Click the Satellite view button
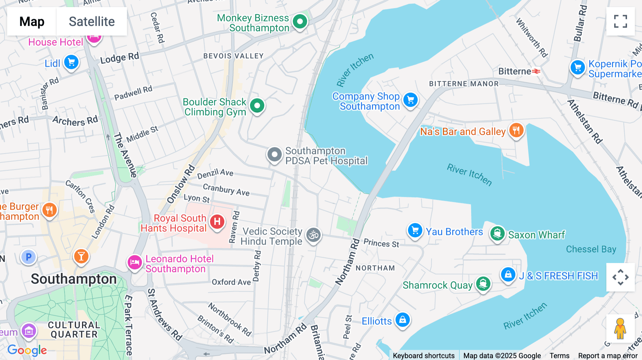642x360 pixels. pyautogui.click(x=92, y=21)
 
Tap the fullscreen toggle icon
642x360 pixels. pyautogui.click(x=620, y=21)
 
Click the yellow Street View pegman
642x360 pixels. pyautogui.click(x=620, y=329)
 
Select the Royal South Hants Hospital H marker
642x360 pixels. pyautogui.click(x=217, y=222)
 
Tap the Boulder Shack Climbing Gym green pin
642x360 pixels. pyautogui.click(x=257, y=106)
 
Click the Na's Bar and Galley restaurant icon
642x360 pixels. pyautogui.click(x=516, y=130)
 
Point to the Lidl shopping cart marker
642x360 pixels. pyautogui.click(x=71, y=62)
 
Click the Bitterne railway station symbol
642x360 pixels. pyautogui.click(x=536, y=71)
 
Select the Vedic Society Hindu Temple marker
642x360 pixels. pyautogui.click(x=314, y=235)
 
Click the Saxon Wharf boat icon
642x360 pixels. pyautogui.click(x=497, y=234)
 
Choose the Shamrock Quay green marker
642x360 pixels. pyautogui.click(x=483, y=284)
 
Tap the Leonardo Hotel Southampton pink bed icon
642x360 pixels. pyautogui.click(x=135, y=263)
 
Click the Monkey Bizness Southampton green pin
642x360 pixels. pyautogui.click(x=300, y=21)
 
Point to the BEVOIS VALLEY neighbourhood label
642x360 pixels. pyautogui.click(x=233, y=56)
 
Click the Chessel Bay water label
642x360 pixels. pyautogui.click(x=591, y=249)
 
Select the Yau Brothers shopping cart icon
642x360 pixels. pyautogui.click(x=415, y=231)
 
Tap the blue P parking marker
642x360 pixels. pyautogui.click(x=29, y=257)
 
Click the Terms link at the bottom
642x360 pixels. pyautogui.click(x=559, y=355)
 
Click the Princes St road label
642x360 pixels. pyautogui.click(x=381, y=243)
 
